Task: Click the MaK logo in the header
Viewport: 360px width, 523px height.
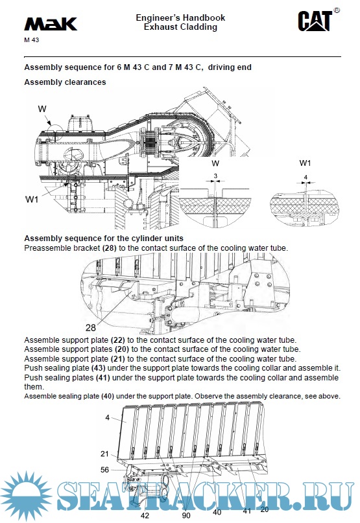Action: [x=51, y=24]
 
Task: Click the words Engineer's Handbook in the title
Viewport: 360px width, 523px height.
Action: [x=180, y=17]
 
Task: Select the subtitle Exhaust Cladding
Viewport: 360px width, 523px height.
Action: [x=180, y=27]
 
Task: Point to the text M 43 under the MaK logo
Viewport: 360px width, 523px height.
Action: [x=31, y=40]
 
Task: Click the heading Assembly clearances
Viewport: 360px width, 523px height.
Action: [x=65, y=82]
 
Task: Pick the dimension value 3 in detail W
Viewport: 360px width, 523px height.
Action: [x=215, y=176]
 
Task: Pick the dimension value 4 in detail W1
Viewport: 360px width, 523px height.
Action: [x=305, y=176]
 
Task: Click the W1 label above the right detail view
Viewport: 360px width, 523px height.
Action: [x=306, y=162]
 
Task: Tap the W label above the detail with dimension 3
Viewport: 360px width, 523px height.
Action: [x=215, y=163]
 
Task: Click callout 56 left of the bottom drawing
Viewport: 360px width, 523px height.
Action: [x=105, y=470]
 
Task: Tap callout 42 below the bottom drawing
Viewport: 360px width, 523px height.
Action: [x=144, y=516]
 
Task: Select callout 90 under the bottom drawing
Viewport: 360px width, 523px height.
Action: [x=186, y=516]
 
